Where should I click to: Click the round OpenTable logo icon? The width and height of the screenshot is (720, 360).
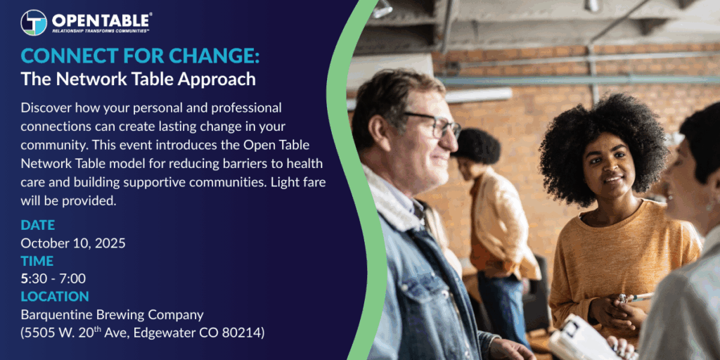(x=34, y=22)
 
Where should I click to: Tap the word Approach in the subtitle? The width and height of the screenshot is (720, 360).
(x=217, y=79)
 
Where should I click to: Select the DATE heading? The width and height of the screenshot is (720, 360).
(x=38, y=225)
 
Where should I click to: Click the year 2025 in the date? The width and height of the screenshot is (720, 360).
(x=110, y=243)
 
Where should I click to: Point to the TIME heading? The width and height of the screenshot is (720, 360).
(x=37, y=261)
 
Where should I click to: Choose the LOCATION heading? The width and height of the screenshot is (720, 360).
(x=55, y=296)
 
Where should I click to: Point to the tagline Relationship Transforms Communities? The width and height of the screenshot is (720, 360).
(x=101, y=31)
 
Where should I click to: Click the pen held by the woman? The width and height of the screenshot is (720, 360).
(x=636, y=297)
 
